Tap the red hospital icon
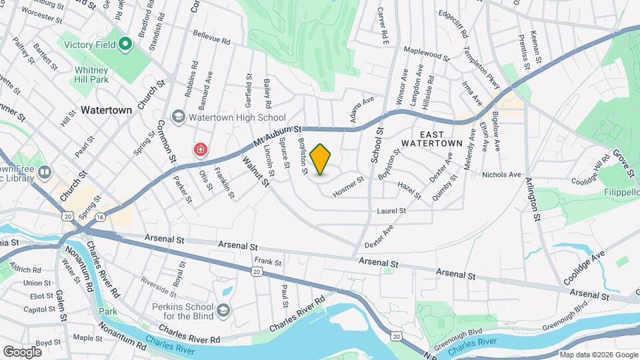(200, 150)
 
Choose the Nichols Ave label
(501, 175)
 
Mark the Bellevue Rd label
(211, 37)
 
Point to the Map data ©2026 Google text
(597, 355)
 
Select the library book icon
(45, 173)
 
